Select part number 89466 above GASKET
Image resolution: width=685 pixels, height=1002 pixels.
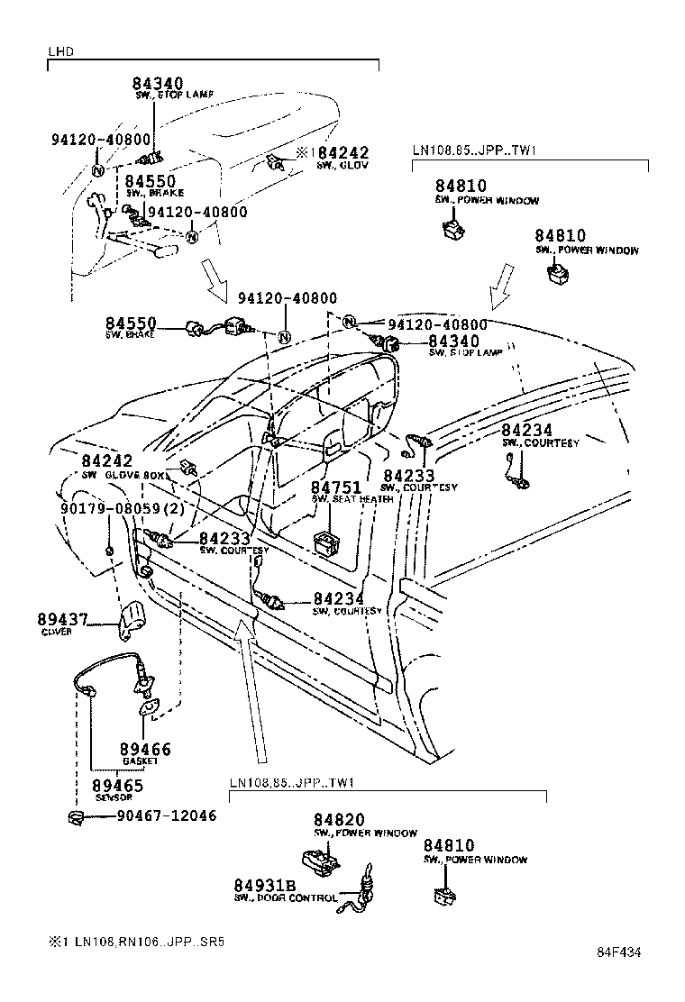[x=145, y=749]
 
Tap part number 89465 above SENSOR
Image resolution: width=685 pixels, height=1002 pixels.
[x=118, y=786]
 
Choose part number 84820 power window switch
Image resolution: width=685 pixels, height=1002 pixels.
[x=339, y=820]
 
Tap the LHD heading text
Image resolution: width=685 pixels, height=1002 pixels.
[x=59, y=52]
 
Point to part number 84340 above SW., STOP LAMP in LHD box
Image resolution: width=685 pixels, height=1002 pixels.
[x=159, y=84]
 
